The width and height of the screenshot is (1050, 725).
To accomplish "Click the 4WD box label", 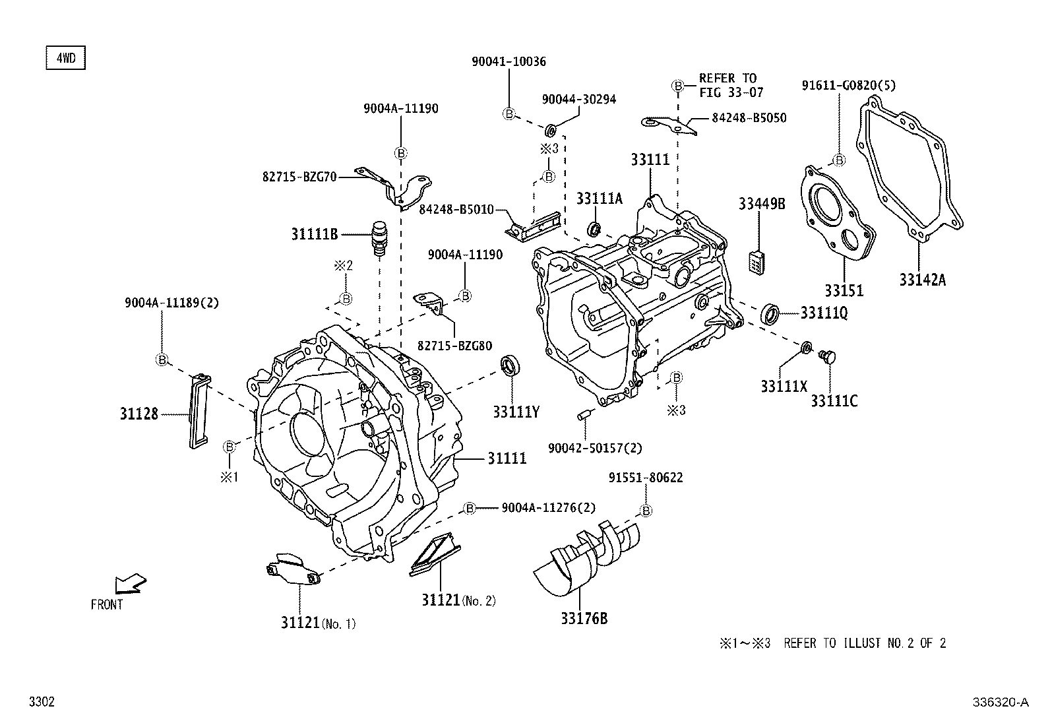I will (65, 58).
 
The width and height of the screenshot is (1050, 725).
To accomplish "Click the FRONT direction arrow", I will (129, 584).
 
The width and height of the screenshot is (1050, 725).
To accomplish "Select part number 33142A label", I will (922, 280).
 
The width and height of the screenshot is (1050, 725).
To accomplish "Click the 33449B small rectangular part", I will (757, 262).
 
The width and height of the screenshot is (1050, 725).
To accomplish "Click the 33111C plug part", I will (826, 357).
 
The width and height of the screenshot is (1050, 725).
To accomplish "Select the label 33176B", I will (584, 619).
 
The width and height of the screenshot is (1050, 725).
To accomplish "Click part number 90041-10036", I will (509, 61).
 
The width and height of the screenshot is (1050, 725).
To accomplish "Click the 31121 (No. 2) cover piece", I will (435, 554).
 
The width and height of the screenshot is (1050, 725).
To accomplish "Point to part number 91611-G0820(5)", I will (849, 85).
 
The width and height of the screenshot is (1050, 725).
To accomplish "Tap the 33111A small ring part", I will (594, 229).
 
